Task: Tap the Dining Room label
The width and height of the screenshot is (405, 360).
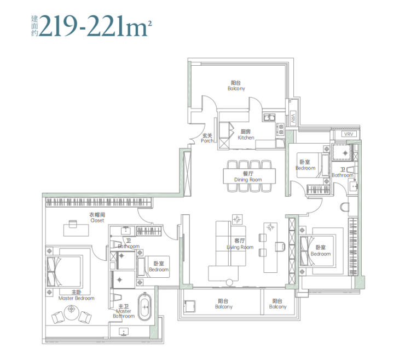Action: (x=248, y=176)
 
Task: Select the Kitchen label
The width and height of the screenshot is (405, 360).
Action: (x=246, y=135)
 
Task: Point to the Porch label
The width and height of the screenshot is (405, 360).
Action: (x=207, y=138)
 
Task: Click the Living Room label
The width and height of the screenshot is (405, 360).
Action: (x=240, y=244)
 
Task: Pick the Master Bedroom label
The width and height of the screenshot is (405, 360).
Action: (x=76, y=295)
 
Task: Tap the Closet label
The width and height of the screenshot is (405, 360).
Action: (x=97, y=218)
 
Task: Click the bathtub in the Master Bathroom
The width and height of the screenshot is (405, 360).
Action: (x=145, y=307)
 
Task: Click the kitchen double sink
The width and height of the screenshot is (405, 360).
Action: (x=269, y=117)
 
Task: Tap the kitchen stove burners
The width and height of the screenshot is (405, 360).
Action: (x=281, y=129)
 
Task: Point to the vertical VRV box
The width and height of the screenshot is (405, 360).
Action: (x=293, y=119)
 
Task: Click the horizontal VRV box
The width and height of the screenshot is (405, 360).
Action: (x=349, y=134)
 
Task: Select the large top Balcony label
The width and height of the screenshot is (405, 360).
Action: (x=236, y=85)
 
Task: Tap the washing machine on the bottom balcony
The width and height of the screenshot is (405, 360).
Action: (x=189, y=306)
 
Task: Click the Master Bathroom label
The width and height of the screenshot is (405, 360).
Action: (x=124, y=311)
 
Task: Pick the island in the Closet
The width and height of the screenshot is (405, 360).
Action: (x=76, y=228)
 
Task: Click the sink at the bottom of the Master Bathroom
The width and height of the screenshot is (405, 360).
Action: (x=124, y=332)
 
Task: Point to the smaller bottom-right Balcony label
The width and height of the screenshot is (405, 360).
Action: (x=277, y=304)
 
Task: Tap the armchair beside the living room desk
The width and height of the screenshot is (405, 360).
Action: (x=280, y=247)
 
